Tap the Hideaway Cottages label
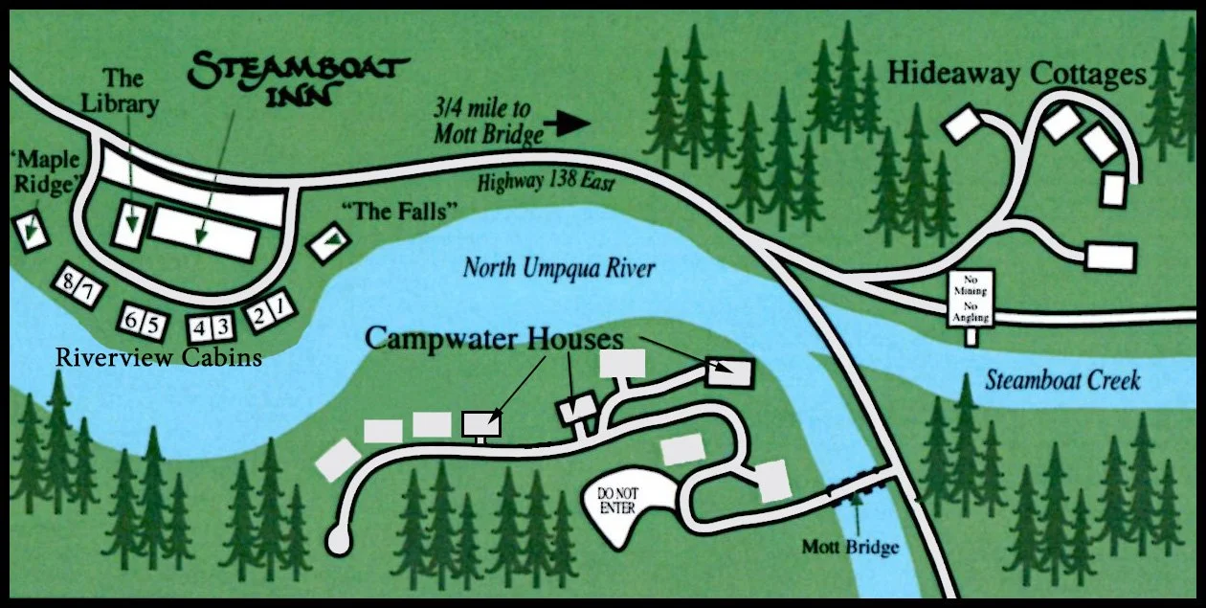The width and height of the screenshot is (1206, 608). tap(1016, 75)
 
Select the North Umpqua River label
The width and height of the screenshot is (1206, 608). tap(559, 266)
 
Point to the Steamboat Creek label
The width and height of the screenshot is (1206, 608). tap(1062, 380)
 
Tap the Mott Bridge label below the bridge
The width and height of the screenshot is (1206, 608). tap(851, 548)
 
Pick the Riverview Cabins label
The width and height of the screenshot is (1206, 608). tap(159, 358)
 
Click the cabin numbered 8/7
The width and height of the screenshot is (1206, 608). tap(73, 283)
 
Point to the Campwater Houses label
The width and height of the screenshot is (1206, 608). tap(494, 339)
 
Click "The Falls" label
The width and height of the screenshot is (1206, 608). tap(400, 213)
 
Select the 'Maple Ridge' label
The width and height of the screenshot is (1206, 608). tap(42, 170)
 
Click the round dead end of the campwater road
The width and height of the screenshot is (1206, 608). tap(338, 539)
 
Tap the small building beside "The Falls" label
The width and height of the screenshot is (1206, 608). tap(326, 244)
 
